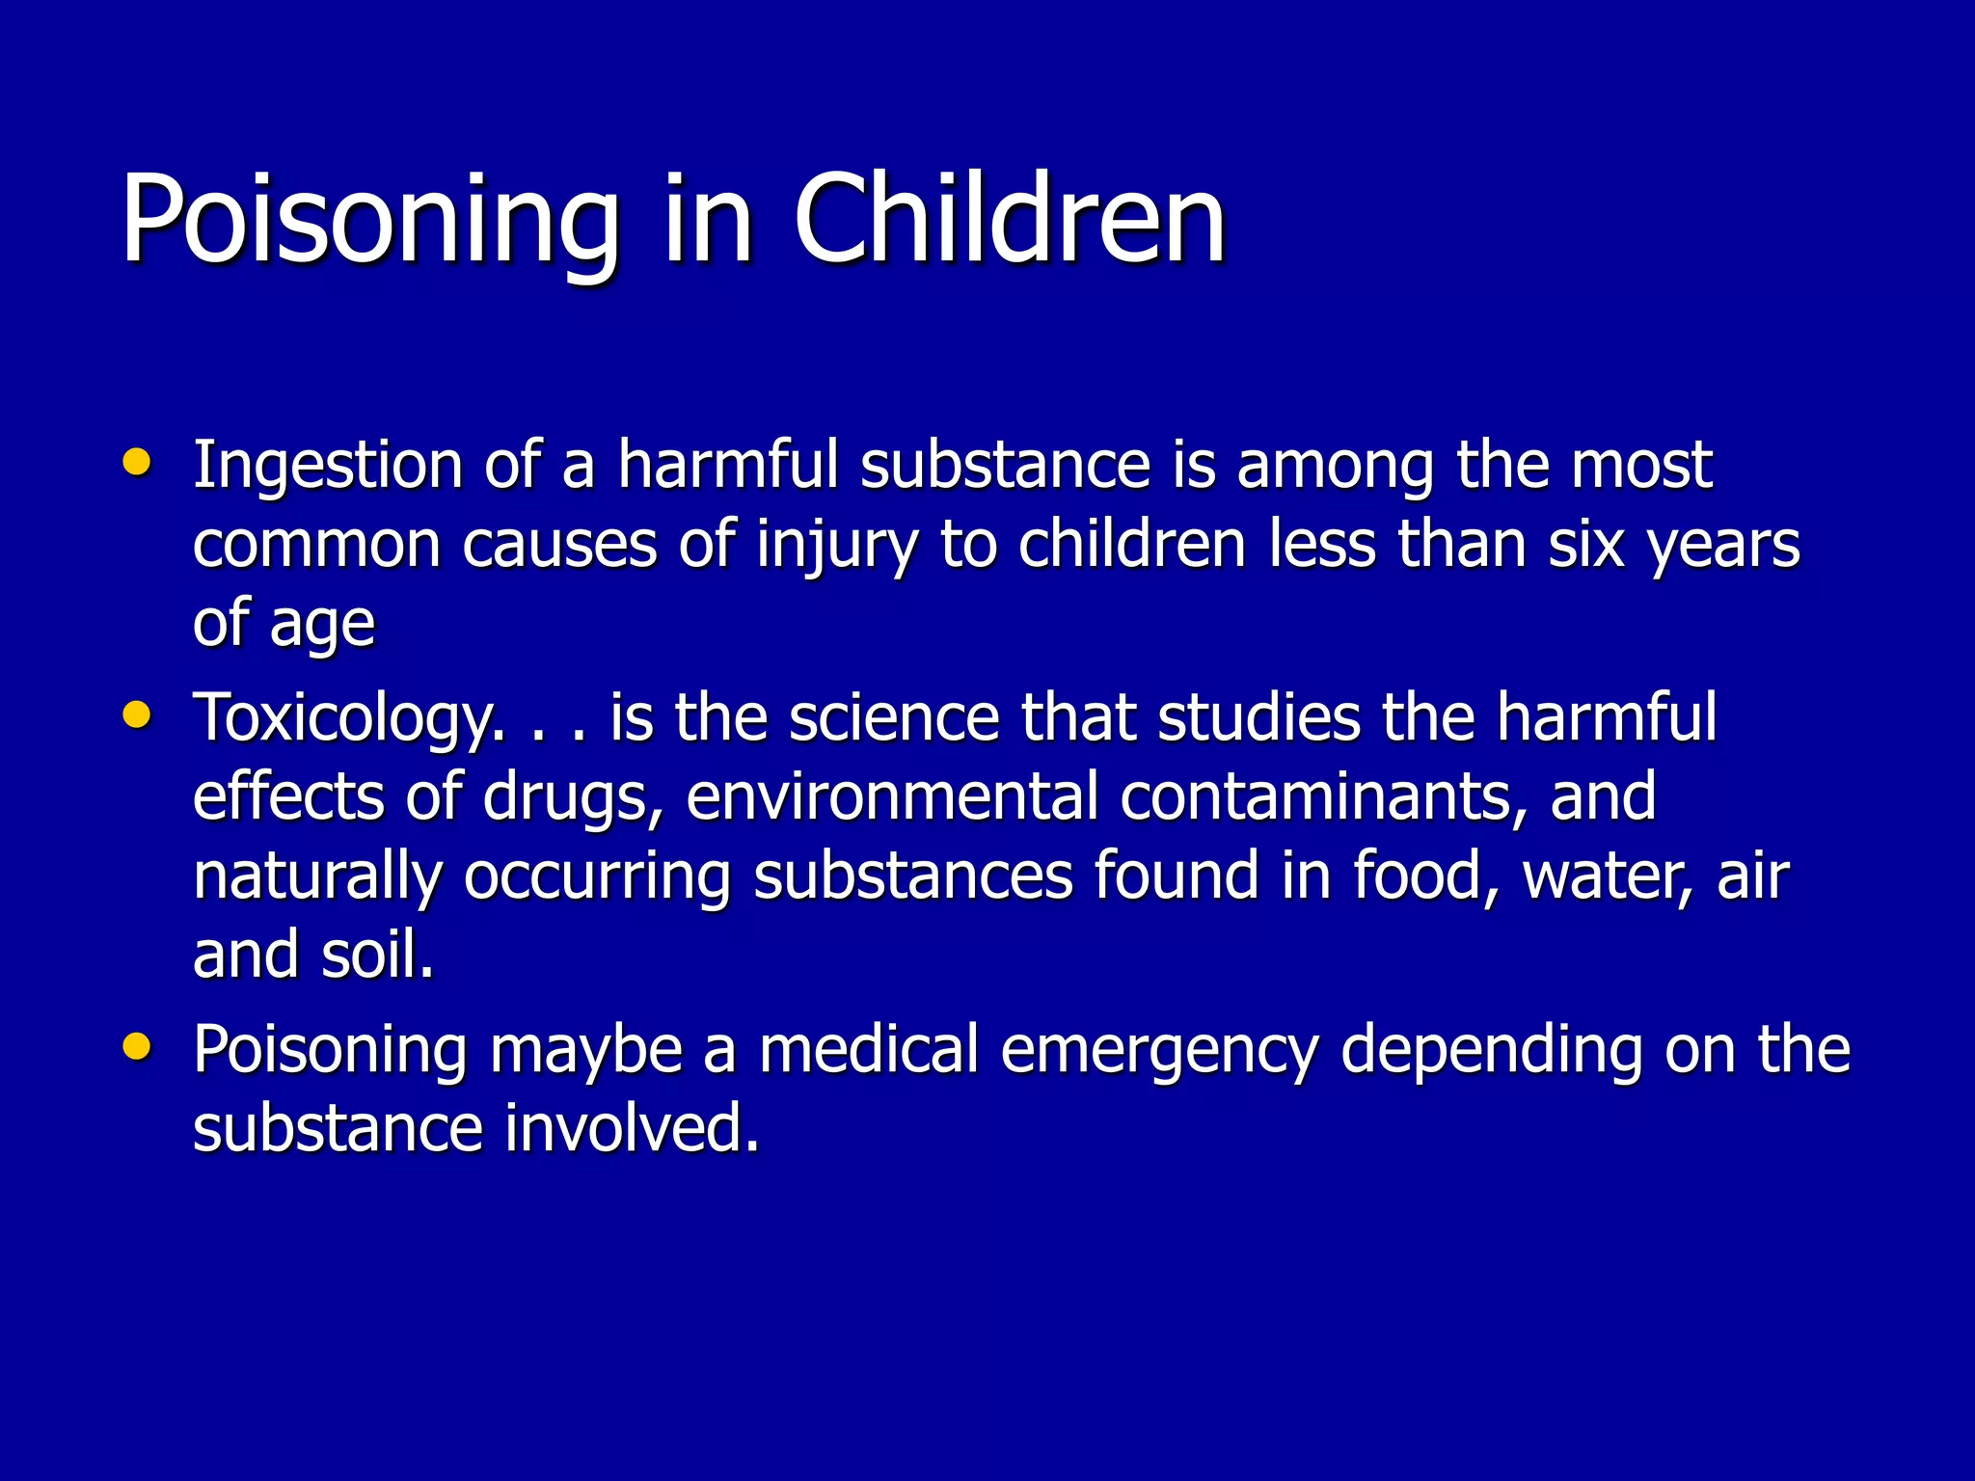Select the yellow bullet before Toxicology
(x=137, y=715)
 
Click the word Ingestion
(x=328, y=467)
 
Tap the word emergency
(x=1158, y=1052)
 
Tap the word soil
(x=377, y=955)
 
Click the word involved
(x=632, y=1129)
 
